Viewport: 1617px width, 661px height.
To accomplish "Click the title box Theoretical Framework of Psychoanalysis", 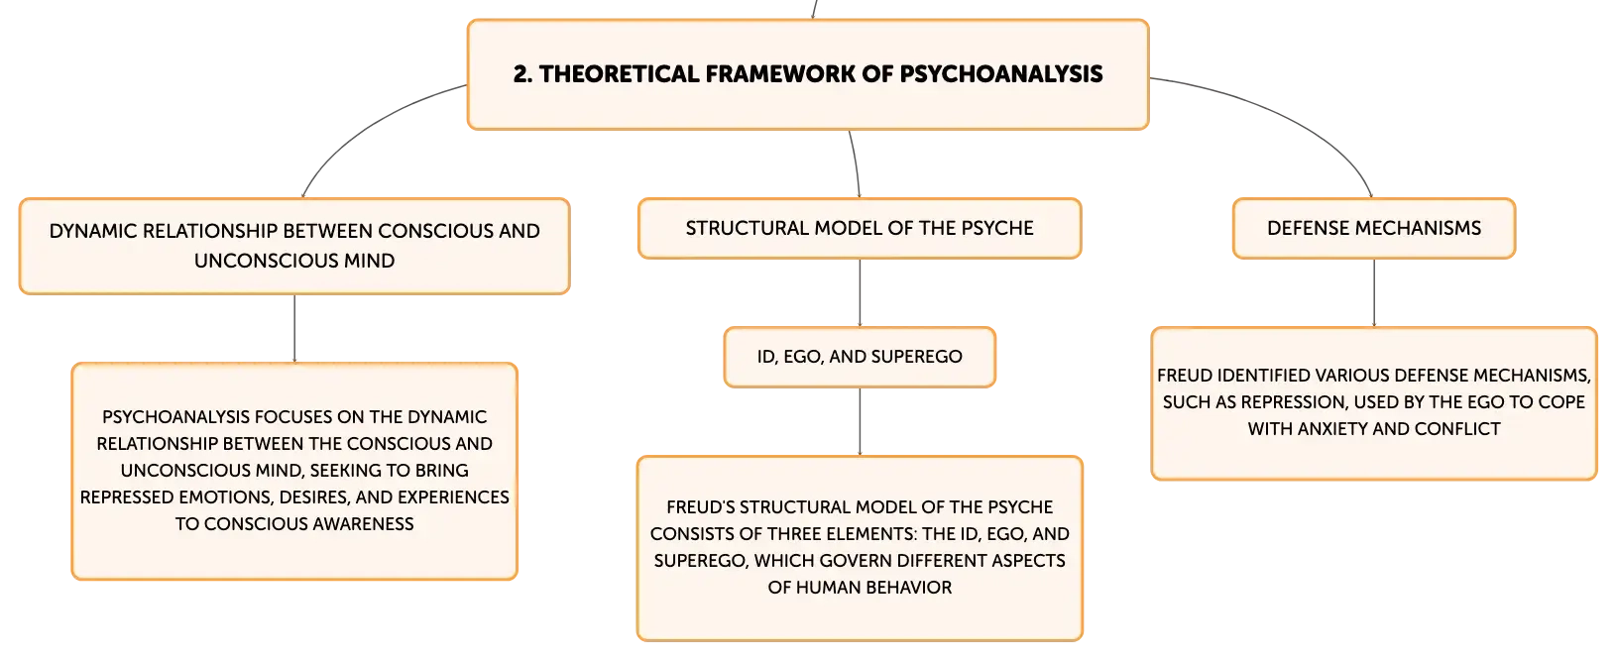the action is [x=808, y=74].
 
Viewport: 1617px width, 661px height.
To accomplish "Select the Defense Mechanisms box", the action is [x=1374, y=228].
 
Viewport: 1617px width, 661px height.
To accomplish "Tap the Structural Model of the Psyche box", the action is [x=860, y=228].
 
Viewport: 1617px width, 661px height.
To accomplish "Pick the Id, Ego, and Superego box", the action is [x=860, y=357].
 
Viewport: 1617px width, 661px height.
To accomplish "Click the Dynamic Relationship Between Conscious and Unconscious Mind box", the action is [x=294, y=246].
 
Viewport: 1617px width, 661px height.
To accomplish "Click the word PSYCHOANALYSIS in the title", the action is [x=1001, y=74].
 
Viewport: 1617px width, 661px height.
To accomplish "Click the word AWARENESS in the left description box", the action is [x=363, y=524].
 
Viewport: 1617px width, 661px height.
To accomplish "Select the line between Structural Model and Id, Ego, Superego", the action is [x=860, y=292].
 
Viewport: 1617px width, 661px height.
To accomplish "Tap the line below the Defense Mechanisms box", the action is [x=1374, y=292].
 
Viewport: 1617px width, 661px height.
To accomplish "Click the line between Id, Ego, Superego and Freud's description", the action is [x=860, y=421].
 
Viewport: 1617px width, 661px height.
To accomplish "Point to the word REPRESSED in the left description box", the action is [x=127, y=497].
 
